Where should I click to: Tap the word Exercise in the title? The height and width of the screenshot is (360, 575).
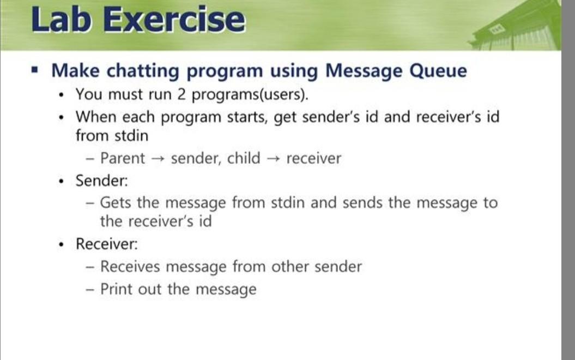tap(173, 20)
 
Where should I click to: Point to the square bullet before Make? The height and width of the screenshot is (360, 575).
tap(36, 70)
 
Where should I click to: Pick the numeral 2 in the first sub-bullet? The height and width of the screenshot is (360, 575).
tap(181, 94)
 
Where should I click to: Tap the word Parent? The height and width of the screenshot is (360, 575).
tap(123, 159)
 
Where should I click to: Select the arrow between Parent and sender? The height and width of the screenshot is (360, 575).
tap(158, 159)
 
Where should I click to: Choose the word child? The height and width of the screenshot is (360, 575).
tap(244, 159)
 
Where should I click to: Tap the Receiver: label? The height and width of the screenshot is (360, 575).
tap(107, 244)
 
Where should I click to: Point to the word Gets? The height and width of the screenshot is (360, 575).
tap(116, 203)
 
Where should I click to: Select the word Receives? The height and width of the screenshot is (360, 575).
tap(130, 267)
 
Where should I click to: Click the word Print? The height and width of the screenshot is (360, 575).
tap(117, 289)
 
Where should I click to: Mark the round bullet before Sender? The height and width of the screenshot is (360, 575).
tap(63, 181)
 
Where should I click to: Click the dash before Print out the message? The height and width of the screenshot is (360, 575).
tap(90, 290)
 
